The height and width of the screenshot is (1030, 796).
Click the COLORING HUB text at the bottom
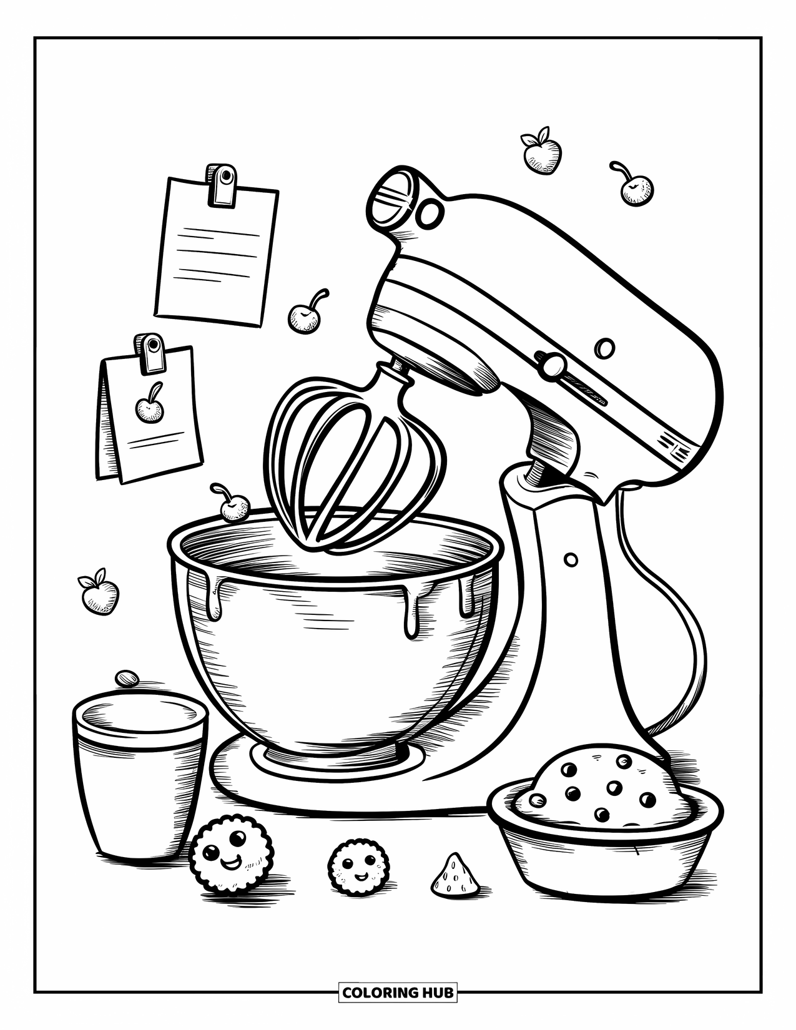pyautogui.click(x=398, y=991)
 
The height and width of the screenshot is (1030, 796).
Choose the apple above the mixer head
pyautogui.click(x=541, y=154)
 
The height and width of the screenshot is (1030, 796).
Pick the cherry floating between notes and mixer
pyautogui.click(x=304, y=318)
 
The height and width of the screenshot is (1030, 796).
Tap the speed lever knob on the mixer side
pyautogui.click(x=551, y=365)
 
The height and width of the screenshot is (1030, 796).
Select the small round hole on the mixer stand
pyautogui.click(x=571, y=559)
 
